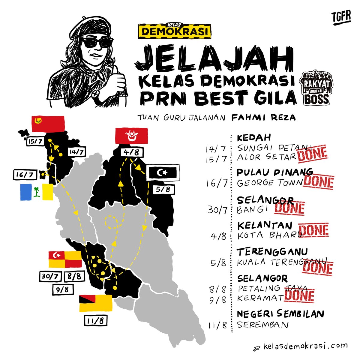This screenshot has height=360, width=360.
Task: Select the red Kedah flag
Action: [x=48, y=124]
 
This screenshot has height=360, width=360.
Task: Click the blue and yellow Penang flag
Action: [x=37, y=192]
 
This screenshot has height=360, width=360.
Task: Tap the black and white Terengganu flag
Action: [x=163, y=172]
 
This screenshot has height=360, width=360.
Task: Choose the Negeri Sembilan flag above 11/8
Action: [x=95, y=303]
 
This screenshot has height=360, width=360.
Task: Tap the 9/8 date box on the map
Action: [x=62, y=289]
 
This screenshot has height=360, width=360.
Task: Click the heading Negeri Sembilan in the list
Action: [x=280, y=314]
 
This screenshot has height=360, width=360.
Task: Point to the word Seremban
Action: [x=262, y=325]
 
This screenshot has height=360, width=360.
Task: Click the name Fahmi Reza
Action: [x=263, y=117]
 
